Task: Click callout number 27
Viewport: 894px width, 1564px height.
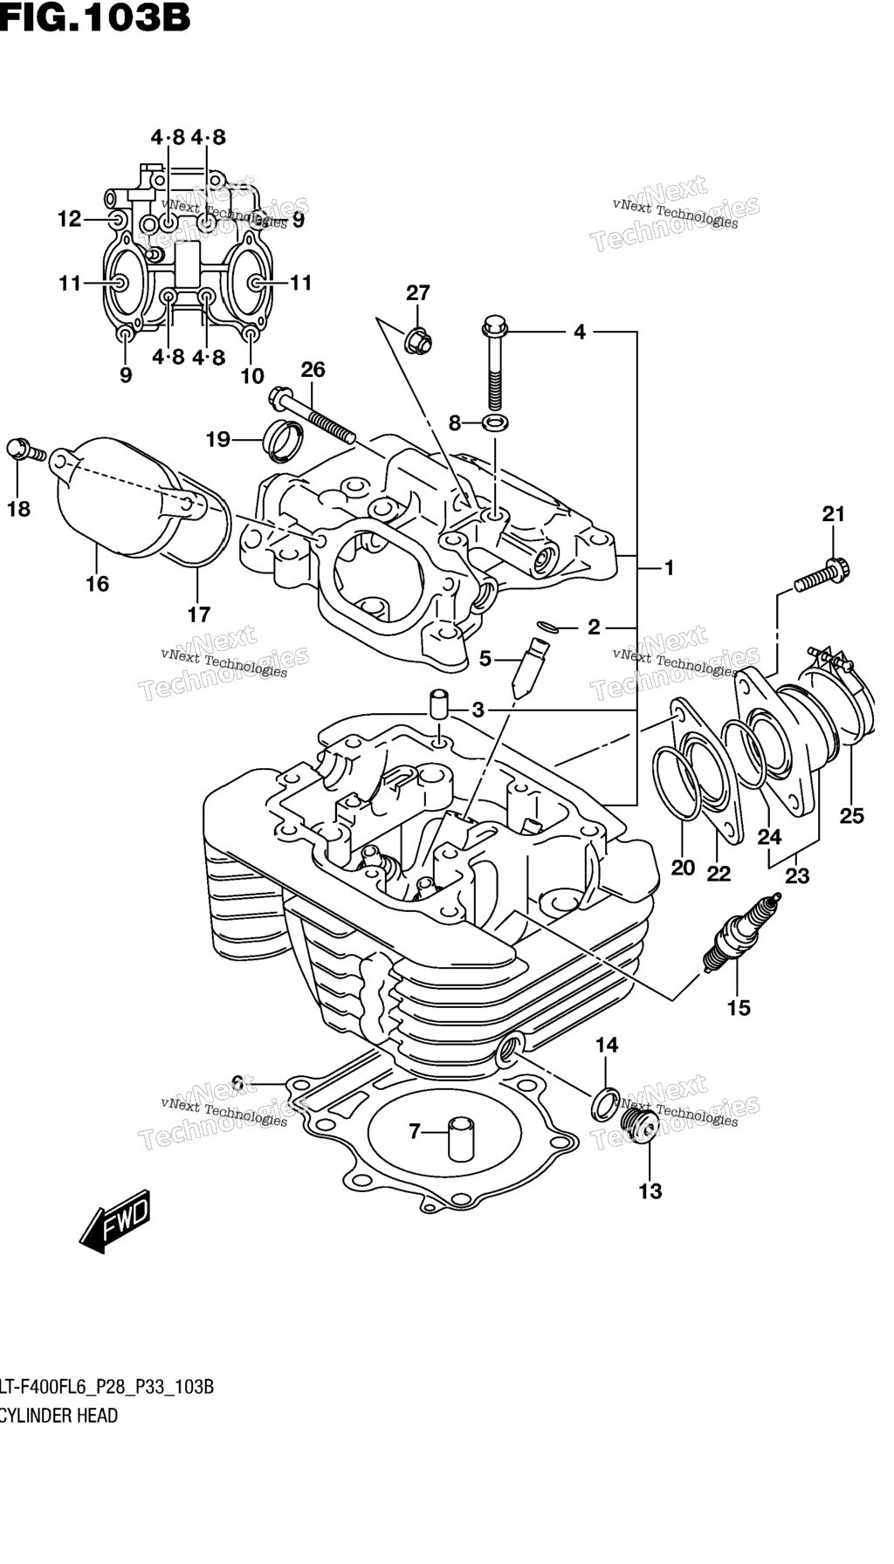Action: pyautogui.click(x=418, y=293)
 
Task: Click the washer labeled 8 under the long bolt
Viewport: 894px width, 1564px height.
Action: pyautogui.click(x=495, y=424)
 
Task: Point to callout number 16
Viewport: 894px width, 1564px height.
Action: pyautogui.click(x=98, y=583)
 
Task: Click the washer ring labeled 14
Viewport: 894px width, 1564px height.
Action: pyautogui.click(x=605, y=1103)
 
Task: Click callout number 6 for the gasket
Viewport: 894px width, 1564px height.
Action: pyautogui.click(x=237, y=1083)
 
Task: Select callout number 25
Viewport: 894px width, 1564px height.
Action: pyautogui.click(x=851, y=815)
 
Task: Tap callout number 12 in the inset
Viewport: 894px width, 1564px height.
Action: pyautogui.click(x=69, y=218)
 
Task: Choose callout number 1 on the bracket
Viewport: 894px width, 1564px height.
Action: pyautogui.click(x=670, y=568)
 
